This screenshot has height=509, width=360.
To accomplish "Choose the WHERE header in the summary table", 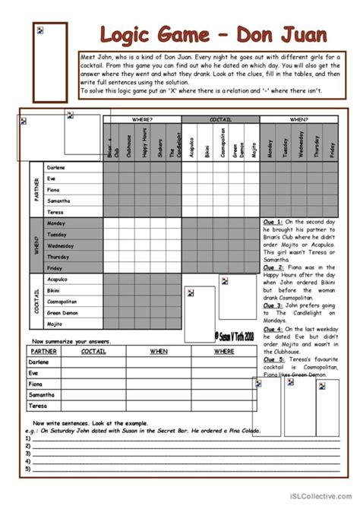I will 223,351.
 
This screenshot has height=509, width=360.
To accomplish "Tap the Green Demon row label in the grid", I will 66,311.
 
